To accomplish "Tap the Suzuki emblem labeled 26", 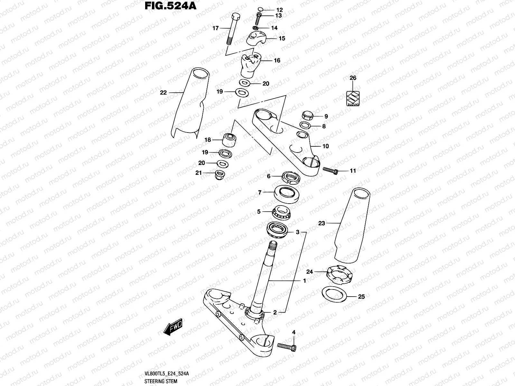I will (x=353, y=98).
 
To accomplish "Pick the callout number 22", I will (x=164, y=93).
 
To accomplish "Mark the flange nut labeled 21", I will (x=220, y=174).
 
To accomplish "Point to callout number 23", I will (x=322, y=223).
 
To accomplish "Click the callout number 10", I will (x=325, y=146).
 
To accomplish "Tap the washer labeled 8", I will (x=305, y=125).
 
